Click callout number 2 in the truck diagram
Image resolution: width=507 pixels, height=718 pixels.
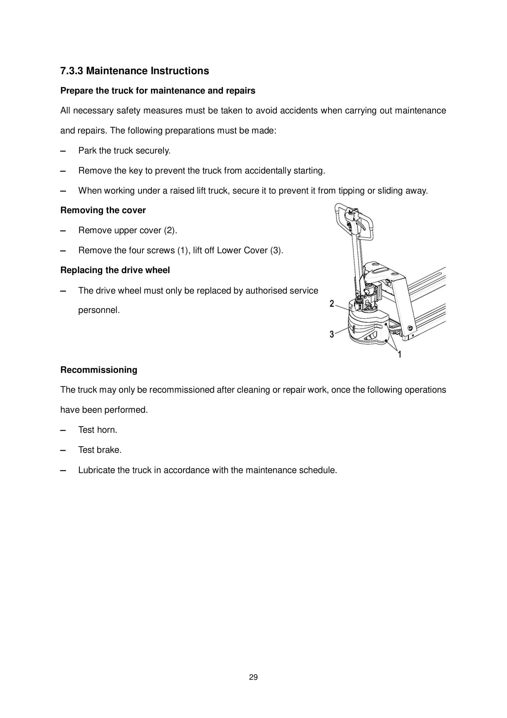(x=332, y=303)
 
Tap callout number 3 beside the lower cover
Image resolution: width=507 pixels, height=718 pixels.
(x=332, y=334)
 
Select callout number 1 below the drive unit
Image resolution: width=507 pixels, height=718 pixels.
(x=399, y=354)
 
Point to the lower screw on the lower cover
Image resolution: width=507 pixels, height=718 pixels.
(x=386, y=340)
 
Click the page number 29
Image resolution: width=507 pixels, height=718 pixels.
(x=253, y=677)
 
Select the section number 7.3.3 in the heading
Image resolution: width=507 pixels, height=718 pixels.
(x=72, y=71)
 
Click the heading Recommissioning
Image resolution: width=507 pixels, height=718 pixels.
(x=99, y=370)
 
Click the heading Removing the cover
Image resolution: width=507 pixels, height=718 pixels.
(x=103, y=210)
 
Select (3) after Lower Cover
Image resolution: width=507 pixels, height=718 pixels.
(x=276, y=250)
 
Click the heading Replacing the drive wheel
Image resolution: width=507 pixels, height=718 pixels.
(x=115, y=270)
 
